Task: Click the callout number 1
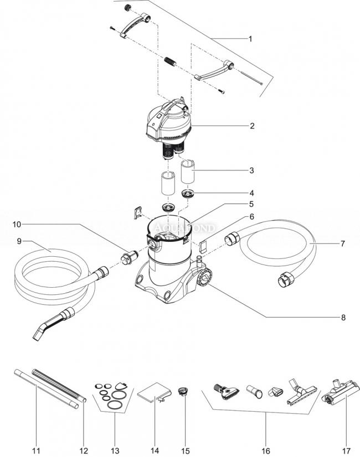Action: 250,39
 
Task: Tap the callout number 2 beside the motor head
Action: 251,126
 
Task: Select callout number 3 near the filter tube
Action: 251,170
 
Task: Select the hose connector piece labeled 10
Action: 129,256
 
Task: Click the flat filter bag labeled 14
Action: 152,393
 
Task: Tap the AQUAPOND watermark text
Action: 172,227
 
